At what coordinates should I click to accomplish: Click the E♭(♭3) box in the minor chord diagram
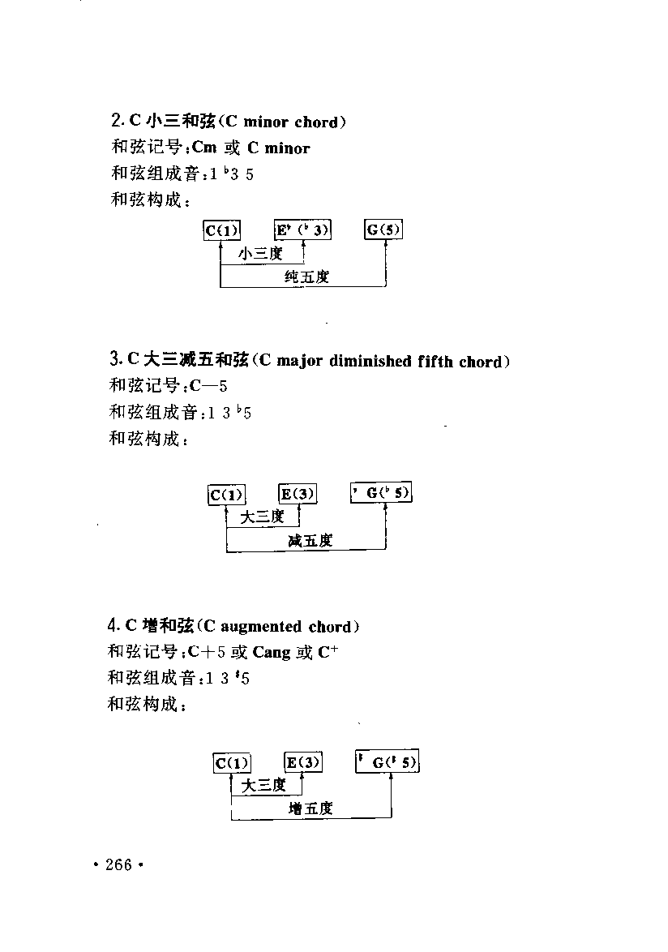302,230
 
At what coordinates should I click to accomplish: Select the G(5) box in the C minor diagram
384,229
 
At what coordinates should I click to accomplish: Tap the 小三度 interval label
261,253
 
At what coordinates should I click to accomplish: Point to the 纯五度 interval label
307,277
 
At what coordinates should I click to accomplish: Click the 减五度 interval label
310,540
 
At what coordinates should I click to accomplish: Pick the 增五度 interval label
310,808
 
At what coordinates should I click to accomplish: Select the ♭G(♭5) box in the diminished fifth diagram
382,492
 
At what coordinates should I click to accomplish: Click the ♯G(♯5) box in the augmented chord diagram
388,761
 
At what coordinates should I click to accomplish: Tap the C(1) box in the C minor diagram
222,231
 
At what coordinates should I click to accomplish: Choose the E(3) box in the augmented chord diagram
303,762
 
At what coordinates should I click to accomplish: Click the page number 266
118,864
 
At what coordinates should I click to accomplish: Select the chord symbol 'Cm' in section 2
204,148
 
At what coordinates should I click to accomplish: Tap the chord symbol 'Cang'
272,653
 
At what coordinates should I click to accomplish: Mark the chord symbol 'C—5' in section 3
208,385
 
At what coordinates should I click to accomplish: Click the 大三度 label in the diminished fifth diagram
262,517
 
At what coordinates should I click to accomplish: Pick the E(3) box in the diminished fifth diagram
298,494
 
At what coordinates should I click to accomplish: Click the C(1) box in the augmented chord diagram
233,762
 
